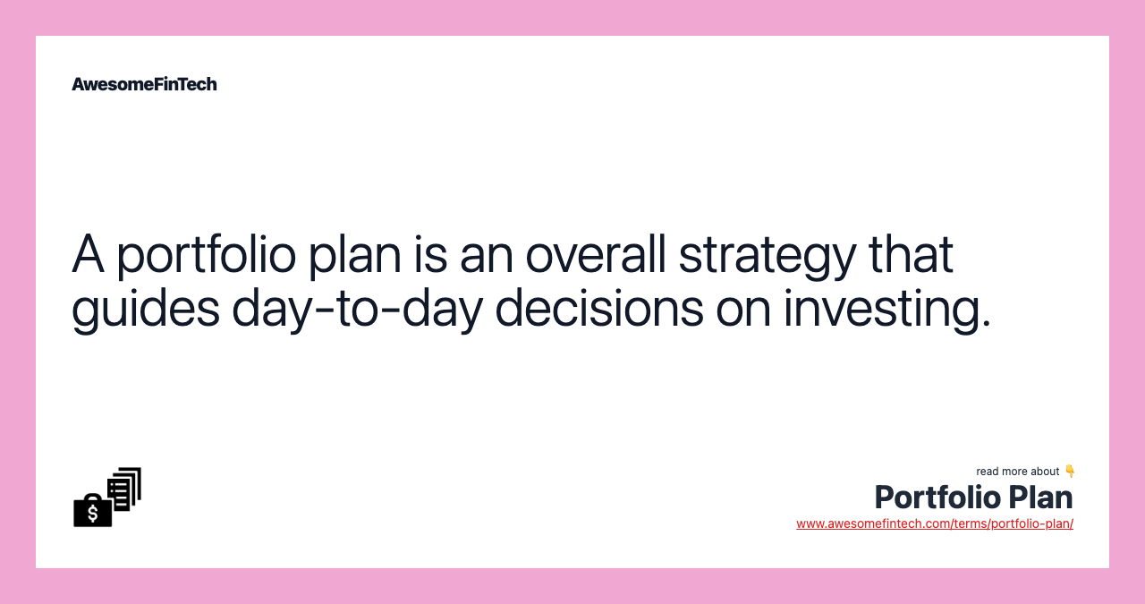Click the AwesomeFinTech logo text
144,84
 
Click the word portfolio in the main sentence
207,254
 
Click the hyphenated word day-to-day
356,308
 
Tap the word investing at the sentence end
886,308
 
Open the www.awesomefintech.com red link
934,523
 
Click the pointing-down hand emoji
1069,471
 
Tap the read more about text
1017,472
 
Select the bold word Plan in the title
1040,497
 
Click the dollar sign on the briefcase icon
92,513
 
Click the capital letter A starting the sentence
88,254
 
